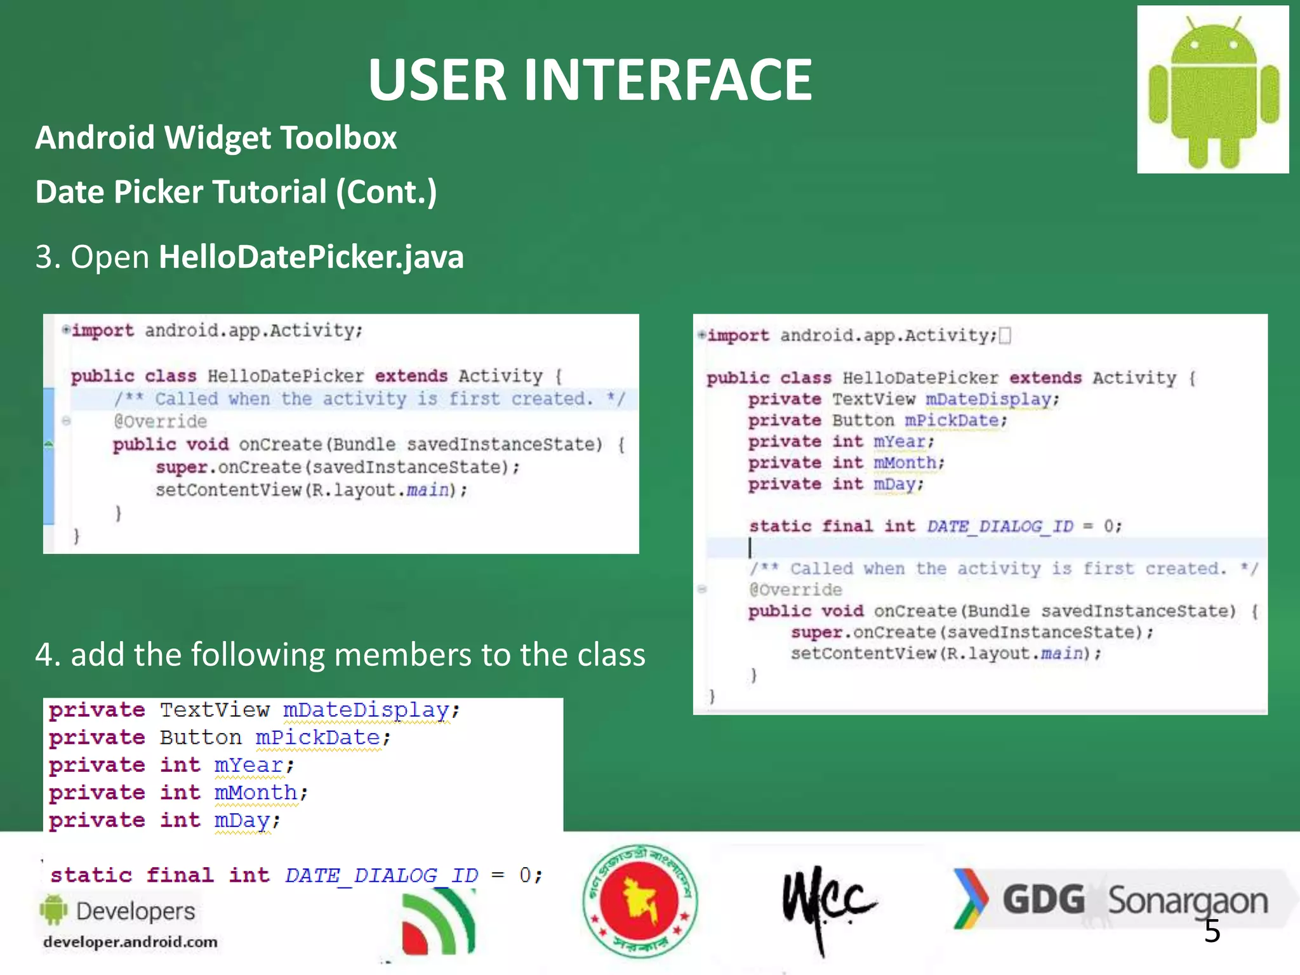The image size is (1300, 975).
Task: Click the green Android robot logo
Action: click(1213, 90)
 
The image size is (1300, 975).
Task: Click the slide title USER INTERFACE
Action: click(590, 80)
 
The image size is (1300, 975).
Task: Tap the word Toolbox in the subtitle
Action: click(338, 138)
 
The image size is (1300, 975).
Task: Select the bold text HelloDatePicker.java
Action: click(311, 257)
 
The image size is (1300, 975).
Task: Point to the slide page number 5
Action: click(1212, 931)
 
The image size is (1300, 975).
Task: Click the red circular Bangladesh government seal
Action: click(640, 900)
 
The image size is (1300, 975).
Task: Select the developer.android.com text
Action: click(130, 942)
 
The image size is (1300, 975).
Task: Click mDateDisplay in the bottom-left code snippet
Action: click(366, 710)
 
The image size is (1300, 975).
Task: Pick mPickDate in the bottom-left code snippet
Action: click(318, 738)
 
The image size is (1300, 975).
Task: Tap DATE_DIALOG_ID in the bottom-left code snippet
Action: click(381, 875)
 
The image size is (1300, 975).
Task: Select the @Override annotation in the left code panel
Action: click(160, 421)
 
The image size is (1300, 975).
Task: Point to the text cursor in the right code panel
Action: click(750, 547)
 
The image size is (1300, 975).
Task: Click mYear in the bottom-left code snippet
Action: click(248, 765)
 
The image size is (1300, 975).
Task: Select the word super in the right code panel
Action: click(816, 632)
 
